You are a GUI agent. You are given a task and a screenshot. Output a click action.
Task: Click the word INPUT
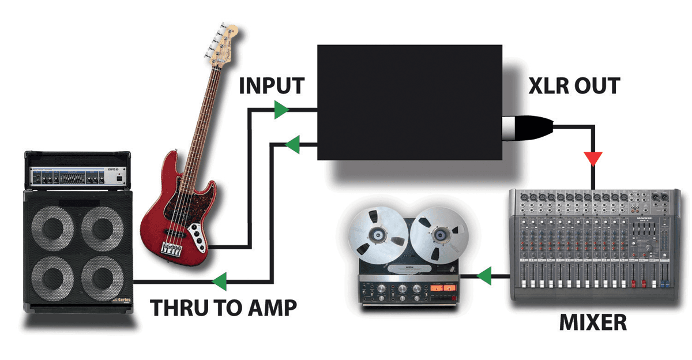coord(271,85)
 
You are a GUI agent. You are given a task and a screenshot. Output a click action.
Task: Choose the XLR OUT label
coord(574,86)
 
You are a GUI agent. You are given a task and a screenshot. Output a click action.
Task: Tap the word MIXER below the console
coord(593,322)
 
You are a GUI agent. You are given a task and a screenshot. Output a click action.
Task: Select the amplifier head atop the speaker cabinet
coord(78,173)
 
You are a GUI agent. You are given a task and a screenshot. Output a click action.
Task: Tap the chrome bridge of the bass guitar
coord(171,249)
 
